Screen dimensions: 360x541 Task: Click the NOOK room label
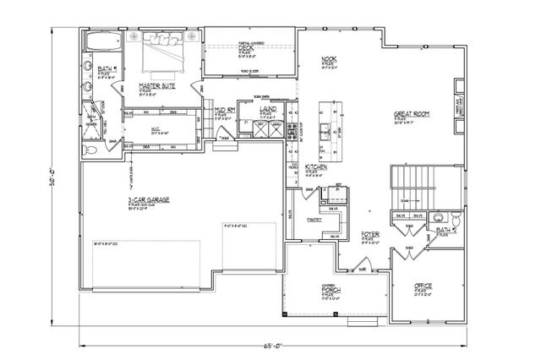point(330,58)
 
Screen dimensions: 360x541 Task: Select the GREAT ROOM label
point(414,113)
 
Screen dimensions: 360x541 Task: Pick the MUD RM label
point(224,110)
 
